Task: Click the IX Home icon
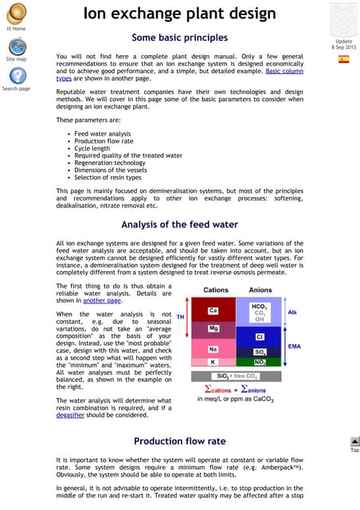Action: (x=15, y=11)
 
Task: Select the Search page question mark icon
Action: (x=15, y=76)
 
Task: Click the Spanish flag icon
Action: (x=343, y=59)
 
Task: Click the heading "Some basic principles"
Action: (x=179, y=37)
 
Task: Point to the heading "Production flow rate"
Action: (x=179, y=441)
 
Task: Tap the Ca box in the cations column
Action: (x=213, y=310)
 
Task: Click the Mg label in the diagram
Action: (x=213, y=328)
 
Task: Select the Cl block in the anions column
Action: (x=260, y=336)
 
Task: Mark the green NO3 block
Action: (x=260, y=361)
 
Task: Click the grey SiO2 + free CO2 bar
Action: (x=237, y=375)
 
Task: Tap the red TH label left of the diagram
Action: (x=180, y=316)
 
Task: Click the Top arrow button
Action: (x=354, y=442)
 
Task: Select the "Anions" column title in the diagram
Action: (x=260, y=289)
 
